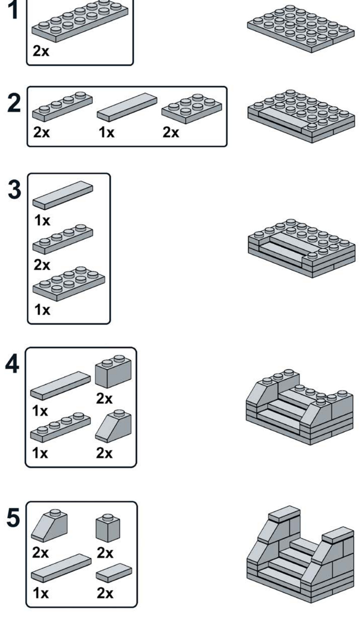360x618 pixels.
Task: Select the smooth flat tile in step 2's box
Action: click(x=127, y=108)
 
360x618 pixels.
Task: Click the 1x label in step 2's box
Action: click(x=106, y=133)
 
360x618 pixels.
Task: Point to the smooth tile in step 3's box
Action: click(x=63, y=195)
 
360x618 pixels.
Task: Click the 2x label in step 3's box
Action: click(x=42, y=265)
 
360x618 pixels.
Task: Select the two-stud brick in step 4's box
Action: click(x=113, y=371)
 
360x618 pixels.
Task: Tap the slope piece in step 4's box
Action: click(x=113, y=427)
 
